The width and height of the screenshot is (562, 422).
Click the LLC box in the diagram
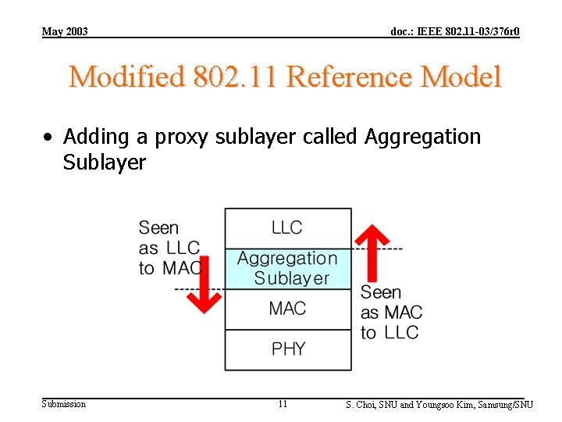pyautogui.click(x=287, y=227)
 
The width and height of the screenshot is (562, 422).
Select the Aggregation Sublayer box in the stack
pyautogui.click(x=288, y=268)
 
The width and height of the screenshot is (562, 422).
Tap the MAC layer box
pyautogui.click(x=287, y=309)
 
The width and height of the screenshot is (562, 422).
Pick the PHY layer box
pyautogui.click(x=287, y=349)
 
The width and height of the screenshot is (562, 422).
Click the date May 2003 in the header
pyautogui.click(x=65, y=31)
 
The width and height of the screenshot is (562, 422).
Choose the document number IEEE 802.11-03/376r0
pyautogui.click(x=455, y=31)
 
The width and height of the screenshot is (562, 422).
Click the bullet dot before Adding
pyautogui.click(x=48, y=138)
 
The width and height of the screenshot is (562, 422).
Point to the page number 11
pyautogui.click(x=283, y=404)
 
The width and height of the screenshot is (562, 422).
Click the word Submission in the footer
pyautogui.click(x=64, y=404)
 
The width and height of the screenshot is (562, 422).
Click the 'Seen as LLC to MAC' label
pyautogui.click(x=169, y=248)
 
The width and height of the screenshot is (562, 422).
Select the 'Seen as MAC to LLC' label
pyautogui.click(x=390, y=313)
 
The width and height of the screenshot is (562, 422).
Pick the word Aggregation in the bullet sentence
pyautogui.click(x=423, y=138)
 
